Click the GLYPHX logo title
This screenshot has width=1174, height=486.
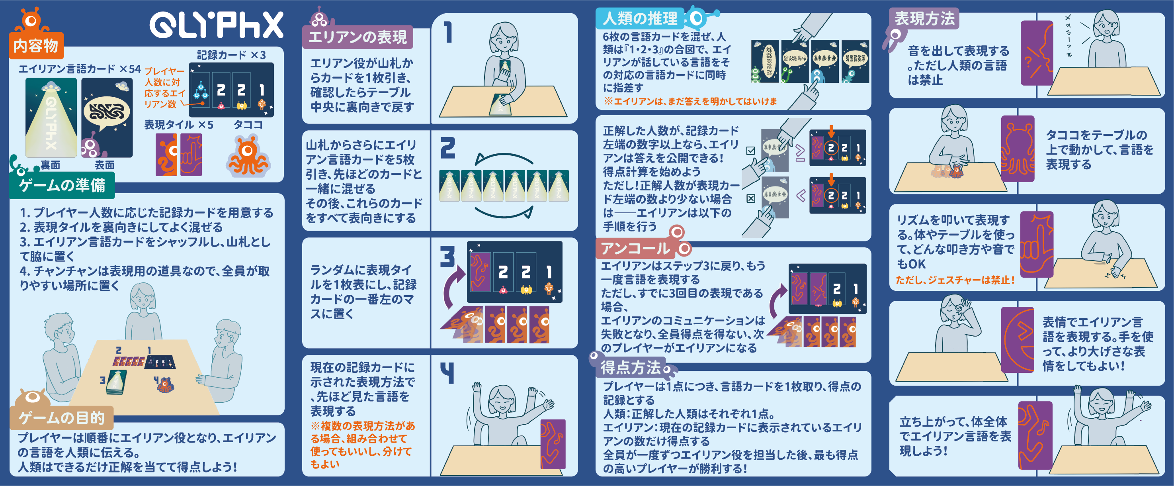(x=216, y=25)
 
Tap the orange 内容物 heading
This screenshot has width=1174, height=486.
(x=36, y=45)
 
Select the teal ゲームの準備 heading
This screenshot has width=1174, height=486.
(x=62, y=186)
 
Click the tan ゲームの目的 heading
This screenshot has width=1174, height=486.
(x=62, y=417)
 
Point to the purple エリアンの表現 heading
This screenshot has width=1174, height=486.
(x=358, y=37)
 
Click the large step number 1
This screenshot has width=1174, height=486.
(x=449, y=32)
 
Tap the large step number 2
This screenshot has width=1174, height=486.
(x=448, y=148)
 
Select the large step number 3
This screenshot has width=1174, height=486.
(x=447, y=256)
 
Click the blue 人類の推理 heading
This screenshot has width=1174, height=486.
(x=640, y=18)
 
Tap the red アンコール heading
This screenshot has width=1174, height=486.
(x=635, y=249)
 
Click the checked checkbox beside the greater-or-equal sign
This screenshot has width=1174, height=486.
(x=750, y=151)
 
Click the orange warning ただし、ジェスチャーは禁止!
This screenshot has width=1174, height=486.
(x=955, y=280)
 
